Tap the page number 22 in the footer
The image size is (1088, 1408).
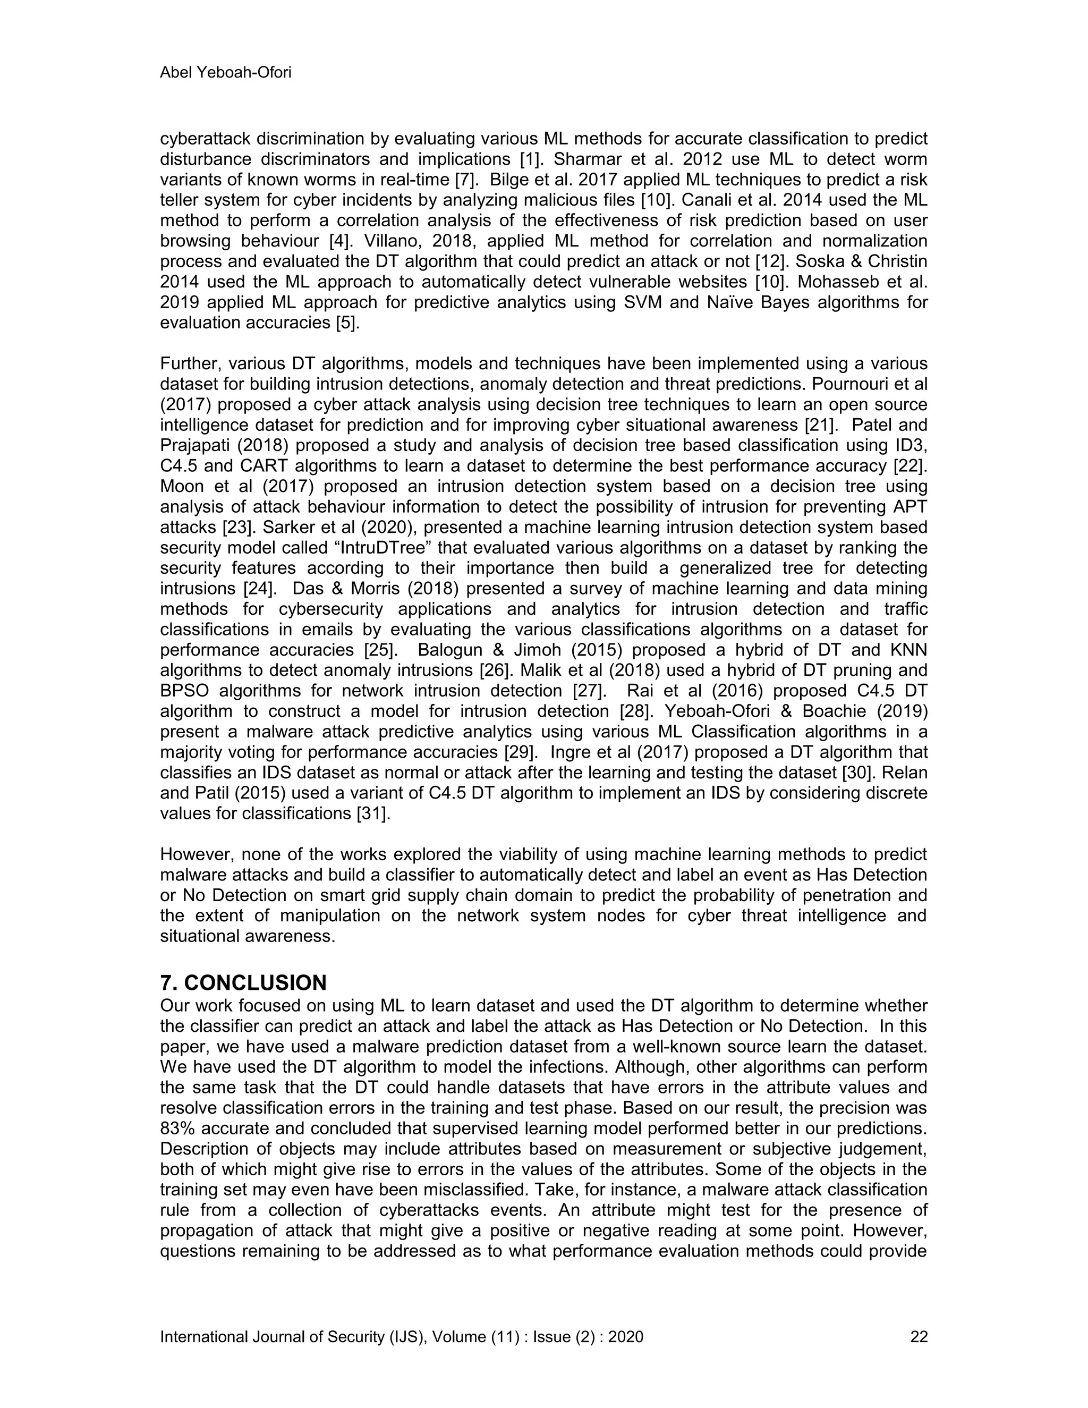(x=919, y=1336)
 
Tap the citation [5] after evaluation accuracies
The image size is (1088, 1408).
(x=348, y=323)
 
